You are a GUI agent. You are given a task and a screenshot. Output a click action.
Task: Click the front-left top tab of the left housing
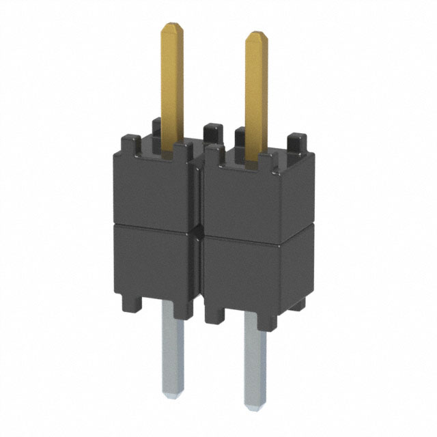[130, 143]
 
